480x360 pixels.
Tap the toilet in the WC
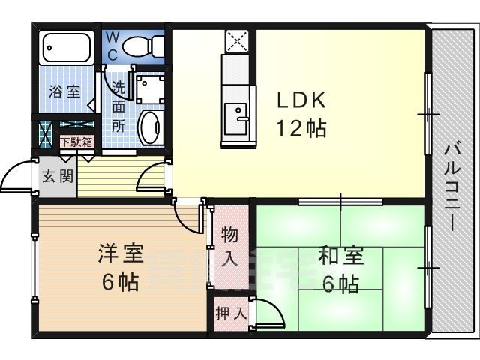point(142,45)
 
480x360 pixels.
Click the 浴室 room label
point(64,91)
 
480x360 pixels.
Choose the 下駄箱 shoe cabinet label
point(76,141)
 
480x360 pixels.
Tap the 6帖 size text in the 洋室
point(120,283)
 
